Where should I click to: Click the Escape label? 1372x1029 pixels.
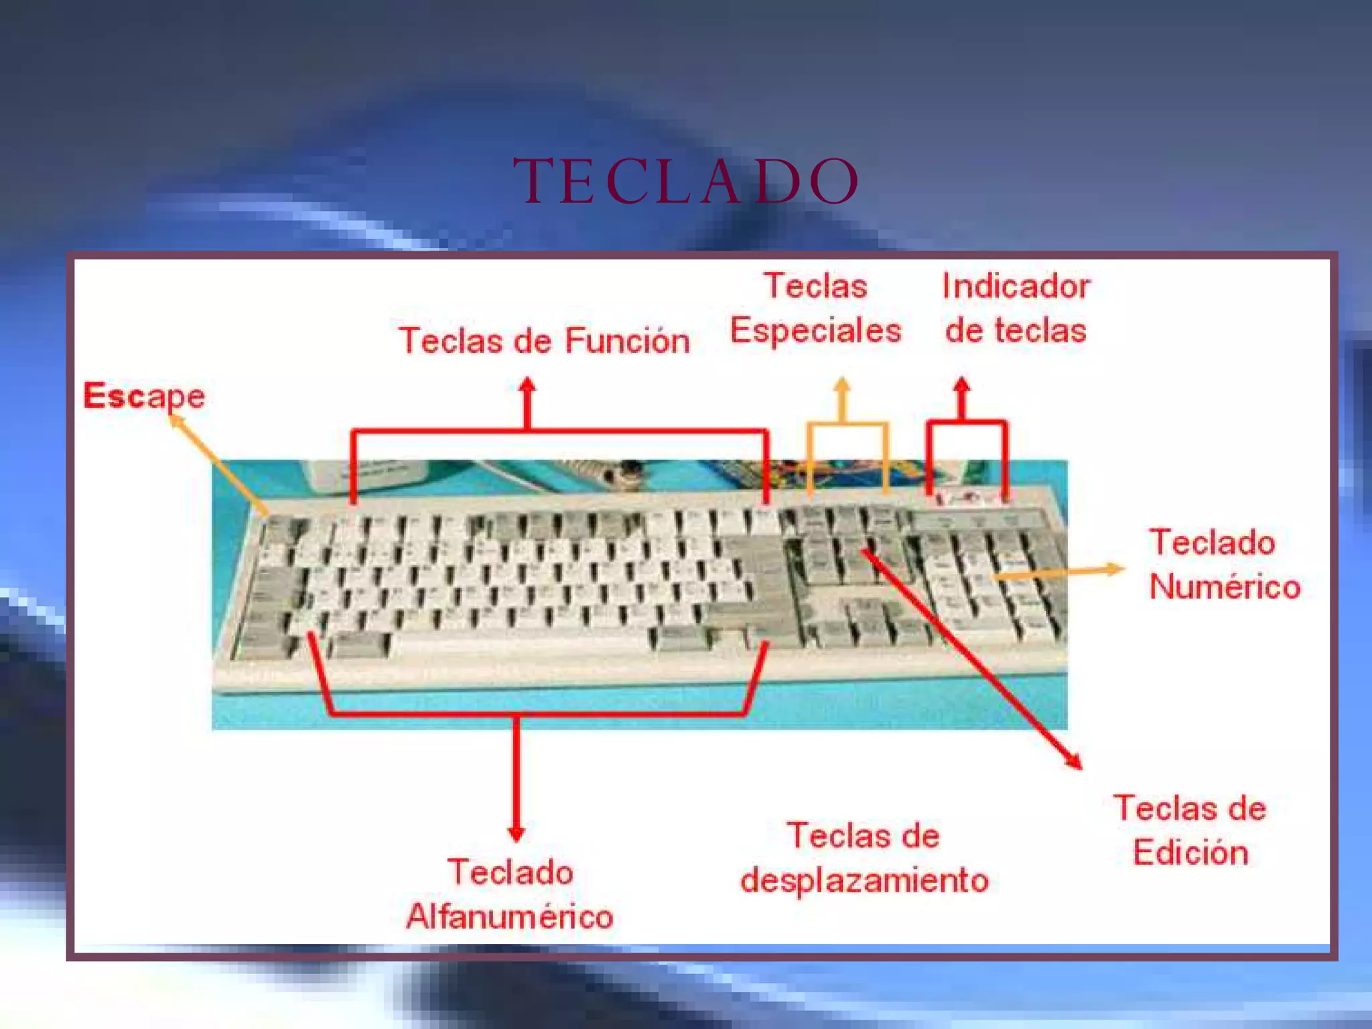coord(144,396)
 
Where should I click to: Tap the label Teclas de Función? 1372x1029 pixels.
coord(544,340)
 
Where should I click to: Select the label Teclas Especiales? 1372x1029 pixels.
coord(815,308)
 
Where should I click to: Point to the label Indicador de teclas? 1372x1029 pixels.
coord(1016,308)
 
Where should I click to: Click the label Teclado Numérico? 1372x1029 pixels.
coord(1223,564)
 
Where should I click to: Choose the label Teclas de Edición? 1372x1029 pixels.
coord(1190,830)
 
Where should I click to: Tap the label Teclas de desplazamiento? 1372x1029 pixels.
coord(864,857)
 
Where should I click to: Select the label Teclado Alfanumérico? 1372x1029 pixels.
coord(510,894)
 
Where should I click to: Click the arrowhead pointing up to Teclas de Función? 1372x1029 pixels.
coord(528,385)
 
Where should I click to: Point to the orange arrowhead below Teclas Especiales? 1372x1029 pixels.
coord(842,385)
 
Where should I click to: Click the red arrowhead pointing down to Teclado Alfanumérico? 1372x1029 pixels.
coord(516,834)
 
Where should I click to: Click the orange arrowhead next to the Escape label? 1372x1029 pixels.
coord(176,421)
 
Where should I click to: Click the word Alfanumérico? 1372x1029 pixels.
coord(510,916)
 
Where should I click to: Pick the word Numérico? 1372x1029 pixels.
coord(1225,586)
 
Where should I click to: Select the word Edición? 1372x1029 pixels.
coord(1190,852)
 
